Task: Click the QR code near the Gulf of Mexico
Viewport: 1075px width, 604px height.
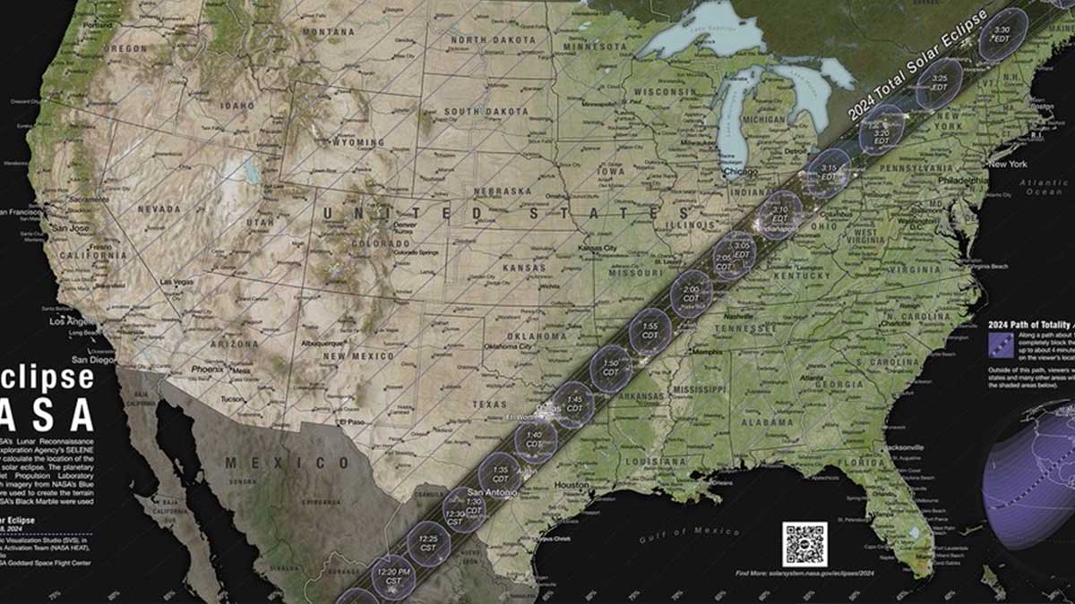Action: (804, 544)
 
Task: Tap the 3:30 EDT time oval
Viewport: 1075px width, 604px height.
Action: (1001, 34)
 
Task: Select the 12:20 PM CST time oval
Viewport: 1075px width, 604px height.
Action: (393, 576)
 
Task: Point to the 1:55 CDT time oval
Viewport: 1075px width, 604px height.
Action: (650, 330)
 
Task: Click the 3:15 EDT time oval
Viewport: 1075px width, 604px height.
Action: (828, 173)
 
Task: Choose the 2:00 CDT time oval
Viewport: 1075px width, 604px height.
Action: (691, 293)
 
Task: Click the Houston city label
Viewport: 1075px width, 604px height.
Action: (572, 485)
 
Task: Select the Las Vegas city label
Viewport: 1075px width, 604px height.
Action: (176, 282)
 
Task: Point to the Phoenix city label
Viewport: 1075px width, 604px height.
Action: (207, 369)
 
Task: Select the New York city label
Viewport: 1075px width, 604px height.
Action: (1006, 164)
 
